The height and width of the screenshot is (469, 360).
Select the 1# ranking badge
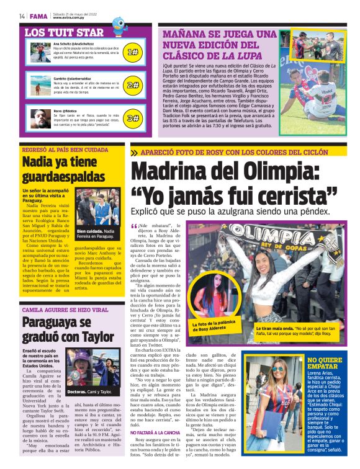click(x=132, y=53)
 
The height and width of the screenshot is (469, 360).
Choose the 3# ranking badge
click(x=132, y=118)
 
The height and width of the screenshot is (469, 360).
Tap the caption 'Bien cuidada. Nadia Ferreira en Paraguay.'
click(x=98, y=234)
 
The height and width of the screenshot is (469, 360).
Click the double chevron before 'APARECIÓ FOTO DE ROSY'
click(x=135, y=153)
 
